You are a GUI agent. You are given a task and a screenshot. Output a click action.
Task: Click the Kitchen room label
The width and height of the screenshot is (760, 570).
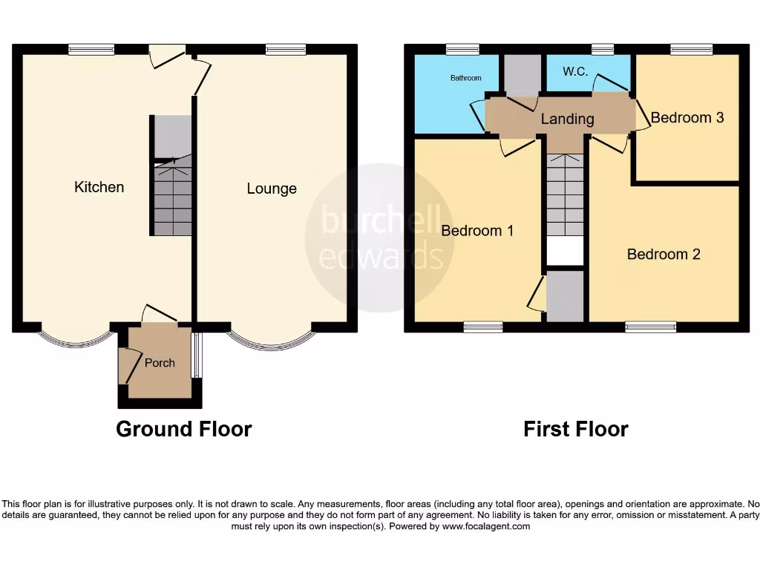pos(99,187)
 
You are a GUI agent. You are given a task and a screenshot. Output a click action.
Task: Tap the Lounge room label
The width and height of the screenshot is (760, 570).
pos(272,189)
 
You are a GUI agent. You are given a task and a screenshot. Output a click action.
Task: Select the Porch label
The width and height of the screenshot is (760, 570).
pos(160,363)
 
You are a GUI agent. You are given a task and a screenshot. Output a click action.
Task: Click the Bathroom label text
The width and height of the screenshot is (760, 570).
pos(465,78)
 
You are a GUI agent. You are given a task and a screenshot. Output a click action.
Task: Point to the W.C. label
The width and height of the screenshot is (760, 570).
pos(576,72)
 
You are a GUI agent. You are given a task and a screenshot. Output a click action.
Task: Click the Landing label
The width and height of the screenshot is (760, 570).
pos(567,119)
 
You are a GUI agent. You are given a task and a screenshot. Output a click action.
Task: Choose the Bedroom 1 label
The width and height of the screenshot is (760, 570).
pos(477,231)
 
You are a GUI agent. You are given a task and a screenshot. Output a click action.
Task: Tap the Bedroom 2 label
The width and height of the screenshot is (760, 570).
pos(664,255)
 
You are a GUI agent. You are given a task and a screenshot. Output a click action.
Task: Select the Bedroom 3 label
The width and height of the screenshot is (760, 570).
pos(687,117)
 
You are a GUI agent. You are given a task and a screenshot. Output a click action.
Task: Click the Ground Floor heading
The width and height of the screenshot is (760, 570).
pos(183,429)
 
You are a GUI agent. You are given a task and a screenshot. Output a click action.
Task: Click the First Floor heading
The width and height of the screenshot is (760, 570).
pos(575,429)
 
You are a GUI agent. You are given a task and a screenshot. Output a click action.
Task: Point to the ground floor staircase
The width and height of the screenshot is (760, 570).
pos(172,197)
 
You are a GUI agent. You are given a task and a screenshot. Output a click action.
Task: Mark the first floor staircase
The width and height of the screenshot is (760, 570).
pos(566,193)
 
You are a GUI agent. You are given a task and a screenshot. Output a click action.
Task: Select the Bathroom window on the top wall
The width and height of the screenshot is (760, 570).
pos(462,49)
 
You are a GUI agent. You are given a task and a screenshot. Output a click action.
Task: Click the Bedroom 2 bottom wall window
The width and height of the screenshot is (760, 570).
pos(650,327)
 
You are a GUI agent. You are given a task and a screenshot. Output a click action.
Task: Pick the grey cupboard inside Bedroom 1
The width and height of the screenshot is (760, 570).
pos(566,296)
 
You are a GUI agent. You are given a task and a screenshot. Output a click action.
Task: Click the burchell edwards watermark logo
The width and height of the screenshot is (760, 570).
pos(380,237)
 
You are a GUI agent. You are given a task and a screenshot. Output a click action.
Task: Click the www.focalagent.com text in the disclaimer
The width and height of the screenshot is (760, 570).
pos(486,526)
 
